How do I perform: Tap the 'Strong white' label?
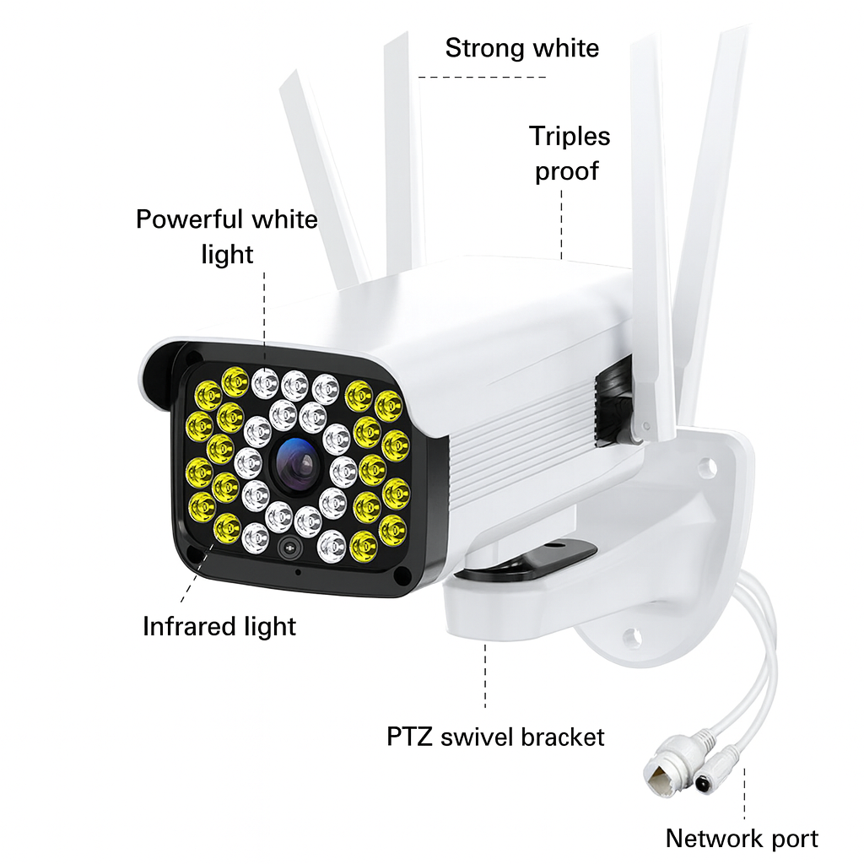521,47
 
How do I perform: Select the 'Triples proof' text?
570,154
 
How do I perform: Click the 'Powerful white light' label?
227,236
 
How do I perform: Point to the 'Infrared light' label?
219,626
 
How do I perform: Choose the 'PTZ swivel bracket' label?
495,736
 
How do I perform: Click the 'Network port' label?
741,839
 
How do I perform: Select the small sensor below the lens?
289,547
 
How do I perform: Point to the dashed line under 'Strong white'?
483,77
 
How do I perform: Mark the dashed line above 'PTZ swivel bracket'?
486,675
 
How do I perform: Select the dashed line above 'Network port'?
744,793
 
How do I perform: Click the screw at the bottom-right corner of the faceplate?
400,575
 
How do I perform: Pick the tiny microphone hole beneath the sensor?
297,572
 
